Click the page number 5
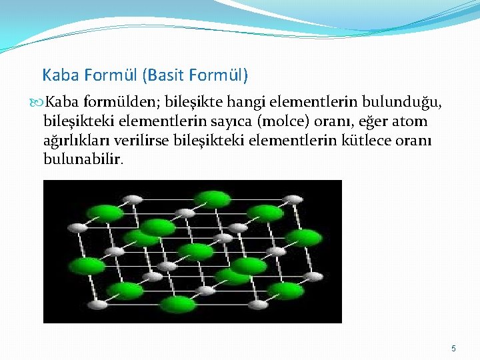(x=453, y=349)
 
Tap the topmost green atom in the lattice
(x=213, y=199)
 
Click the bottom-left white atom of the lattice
(x=98, y=305)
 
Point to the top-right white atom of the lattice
(x=291, y=199)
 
